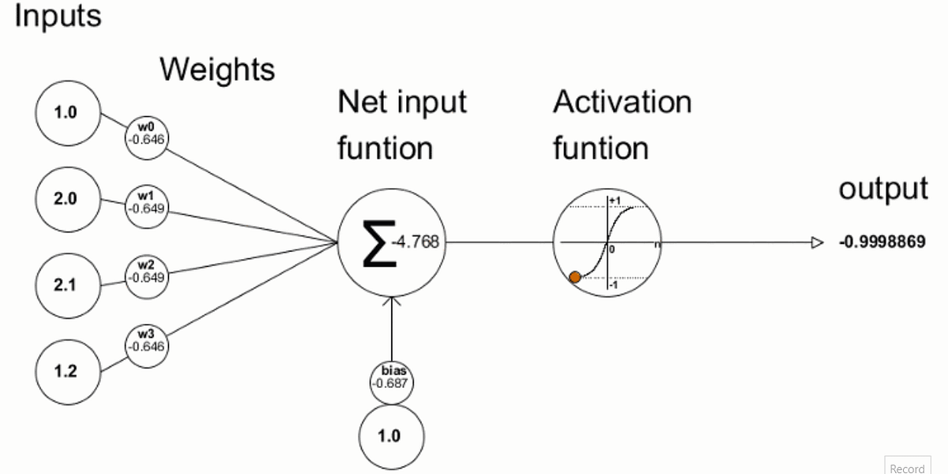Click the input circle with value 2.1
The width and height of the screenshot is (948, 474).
pos(66,284)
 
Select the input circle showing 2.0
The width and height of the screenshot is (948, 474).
pos(66,199)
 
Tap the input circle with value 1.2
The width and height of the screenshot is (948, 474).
pos(66,371)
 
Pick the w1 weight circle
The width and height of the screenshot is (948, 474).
pos(146,204)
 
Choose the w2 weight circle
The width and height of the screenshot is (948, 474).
pos(146,273)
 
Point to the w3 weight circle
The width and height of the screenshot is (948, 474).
pos(146,341)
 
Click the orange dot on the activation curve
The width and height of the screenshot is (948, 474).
pos(575,276)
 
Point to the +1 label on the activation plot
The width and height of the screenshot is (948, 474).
pos(615,201)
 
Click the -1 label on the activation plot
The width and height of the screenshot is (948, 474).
pos(614,284)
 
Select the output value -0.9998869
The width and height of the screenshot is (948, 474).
pos(882,243)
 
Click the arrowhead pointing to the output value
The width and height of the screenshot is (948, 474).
pos(818,243)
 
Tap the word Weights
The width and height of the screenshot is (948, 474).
pos(217,70)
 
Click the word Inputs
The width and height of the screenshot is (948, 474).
pos(58,16)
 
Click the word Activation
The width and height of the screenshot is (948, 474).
pos(622,102)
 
